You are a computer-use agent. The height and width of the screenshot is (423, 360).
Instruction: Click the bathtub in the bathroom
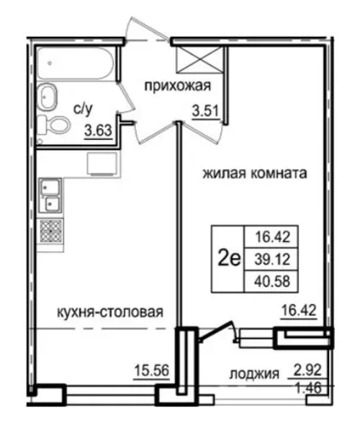tap(75, 64)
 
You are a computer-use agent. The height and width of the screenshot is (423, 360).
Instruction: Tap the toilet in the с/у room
tap(54, 125)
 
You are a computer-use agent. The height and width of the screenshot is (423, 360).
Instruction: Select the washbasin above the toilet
tap(48, 96)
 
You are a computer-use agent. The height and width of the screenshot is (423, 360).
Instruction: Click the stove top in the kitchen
tap(51, 231)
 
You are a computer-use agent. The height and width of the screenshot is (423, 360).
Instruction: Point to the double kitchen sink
tap(50, 195)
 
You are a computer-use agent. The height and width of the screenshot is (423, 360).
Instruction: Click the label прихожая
tap(177, 85)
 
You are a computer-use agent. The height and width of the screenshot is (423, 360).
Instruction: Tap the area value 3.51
tap(205, 111)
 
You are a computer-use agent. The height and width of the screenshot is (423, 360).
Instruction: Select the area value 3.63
tap(99, 131)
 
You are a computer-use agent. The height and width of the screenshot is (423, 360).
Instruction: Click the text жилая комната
tap(255, 173)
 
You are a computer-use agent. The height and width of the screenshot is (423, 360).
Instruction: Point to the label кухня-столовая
tap(110, 312)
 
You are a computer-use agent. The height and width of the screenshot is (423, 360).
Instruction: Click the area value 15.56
tap(152, 371)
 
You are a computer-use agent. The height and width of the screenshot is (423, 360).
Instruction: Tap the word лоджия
tap(255, 374)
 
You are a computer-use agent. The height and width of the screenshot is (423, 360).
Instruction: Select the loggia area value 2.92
tap(309, 370)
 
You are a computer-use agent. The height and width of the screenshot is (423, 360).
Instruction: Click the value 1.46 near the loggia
tap(309, 388)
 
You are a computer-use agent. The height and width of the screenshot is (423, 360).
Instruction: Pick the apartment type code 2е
tap(229, 260)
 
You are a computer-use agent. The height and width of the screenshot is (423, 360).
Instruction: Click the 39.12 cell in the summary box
tap(272, 260)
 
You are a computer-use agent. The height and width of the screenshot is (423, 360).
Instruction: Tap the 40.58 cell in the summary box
tap(272, 281)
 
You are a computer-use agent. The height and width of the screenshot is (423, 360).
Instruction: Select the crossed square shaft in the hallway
tap(199, 60)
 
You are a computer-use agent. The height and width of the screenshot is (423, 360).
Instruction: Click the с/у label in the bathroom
tap(82, 110)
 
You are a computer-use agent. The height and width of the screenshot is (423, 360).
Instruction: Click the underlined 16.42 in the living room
tap(299, 311)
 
